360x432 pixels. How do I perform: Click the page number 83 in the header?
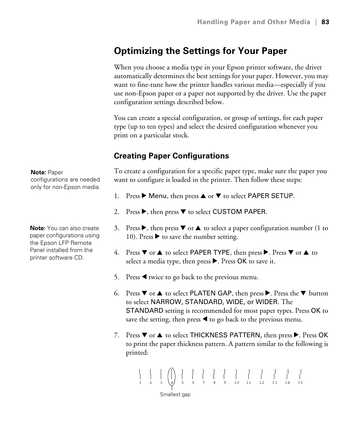pyautogui.click(x=325, y=22)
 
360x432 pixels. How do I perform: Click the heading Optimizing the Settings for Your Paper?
pyautogui.click(x=200, y=51)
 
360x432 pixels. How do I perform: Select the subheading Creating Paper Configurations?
pyautogui.click(x=171, y=156)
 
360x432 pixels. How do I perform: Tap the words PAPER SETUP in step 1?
pyautogui.click(x=270, y=196)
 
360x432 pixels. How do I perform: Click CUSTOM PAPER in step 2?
pyautogui.click(x=239, y=212)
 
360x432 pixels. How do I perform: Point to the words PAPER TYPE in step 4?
pyautogui.click(x=210, y=253)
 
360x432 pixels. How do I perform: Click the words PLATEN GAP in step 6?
pyautogui.click(x=211, y=294)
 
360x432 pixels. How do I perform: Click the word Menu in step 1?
pyautogui.click(x=157, y=196)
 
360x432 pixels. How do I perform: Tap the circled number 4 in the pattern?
pyautogui.click(x=172, y=383)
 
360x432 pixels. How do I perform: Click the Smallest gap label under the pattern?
pyautogui.click(x=175, y=395)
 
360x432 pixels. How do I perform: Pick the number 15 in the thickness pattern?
pyautogui.click(x=300, y=383)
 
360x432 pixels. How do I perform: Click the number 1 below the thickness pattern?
pyautogui.click(x=140, y=383)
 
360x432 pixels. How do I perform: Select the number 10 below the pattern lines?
pyautogui.click(x=237, y=383)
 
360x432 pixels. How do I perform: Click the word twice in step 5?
pyautogui.click(x=156, y=277)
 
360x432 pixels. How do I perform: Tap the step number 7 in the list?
pyautogui.click(x=116, y=335)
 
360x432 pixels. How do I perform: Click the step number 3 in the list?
pyautogui.click(x=116, y=228)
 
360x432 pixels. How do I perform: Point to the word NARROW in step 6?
pyautogui.click(x=166, y=302)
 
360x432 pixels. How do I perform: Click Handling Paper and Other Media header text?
pyautogui.click(x=254, y=22)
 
